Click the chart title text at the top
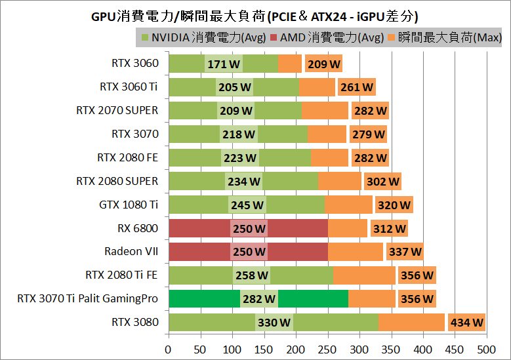(255, 15)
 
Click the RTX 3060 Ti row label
(129, 87)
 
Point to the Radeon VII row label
(131, 251)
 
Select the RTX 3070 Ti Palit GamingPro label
(88, 298)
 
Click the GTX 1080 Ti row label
(129, 205)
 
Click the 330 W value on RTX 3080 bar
(274, 323)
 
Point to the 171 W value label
(224, 64)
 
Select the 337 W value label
(405, 252)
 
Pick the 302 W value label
(382, 182)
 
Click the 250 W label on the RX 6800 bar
(249, 228)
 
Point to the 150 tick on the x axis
(264, 348)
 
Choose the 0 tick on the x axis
(169, 348)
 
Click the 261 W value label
(357, 87)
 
